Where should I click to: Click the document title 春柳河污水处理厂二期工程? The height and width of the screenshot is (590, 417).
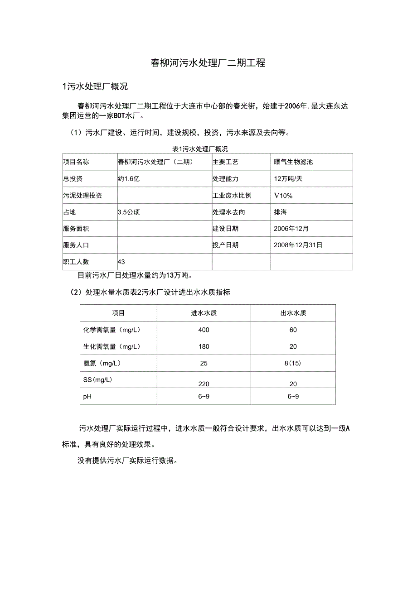pyautogui.click(x=208, y=63)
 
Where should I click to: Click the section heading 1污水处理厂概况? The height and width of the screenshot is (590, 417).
pyautogui.click(x=95, y=86)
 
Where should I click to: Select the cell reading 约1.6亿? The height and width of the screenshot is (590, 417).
pyautogui.click(x=129, y=179)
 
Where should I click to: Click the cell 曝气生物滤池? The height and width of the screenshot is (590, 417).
pyautogui.click(x=293, y=162)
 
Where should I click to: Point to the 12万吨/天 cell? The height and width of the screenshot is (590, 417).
pyautogui.click(x=288, y=179)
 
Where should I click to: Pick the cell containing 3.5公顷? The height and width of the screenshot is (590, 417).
pyautogui.click(x=129, y=212)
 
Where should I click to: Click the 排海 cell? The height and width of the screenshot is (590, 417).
pyautogui.click(x=281, y=212)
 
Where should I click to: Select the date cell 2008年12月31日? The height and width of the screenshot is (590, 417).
pyautogui.click(x=298, y=245)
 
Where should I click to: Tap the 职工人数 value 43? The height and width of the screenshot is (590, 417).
pyautogui.click(x=121, y=262)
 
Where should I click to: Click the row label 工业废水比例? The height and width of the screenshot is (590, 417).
pyautogui.click(x=232, y=196)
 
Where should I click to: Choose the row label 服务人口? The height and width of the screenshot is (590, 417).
pyautogui.click(x=76, y=245)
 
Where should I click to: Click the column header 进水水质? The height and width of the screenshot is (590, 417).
pyautogui.click(x=204, y=313)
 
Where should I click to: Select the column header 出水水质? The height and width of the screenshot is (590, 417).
pyautogui.click(x=293, y=313)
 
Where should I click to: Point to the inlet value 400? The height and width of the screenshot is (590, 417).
pyautogui.click(x=204, y=330)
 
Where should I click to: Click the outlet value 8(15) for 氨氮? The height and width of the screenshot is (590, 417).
pyautogui.click(x=293, y=363)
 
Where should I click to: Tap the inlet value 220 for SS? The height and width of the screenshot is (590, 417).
pyautogui.click(x=204, y=384)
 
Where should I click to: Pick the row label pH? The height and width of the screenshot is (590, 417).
pyautogui.click(x=87, y=396)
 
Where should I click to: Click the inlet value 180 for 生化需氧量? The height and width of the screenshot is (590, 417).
pyautogui.click(x=204, y=346)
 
